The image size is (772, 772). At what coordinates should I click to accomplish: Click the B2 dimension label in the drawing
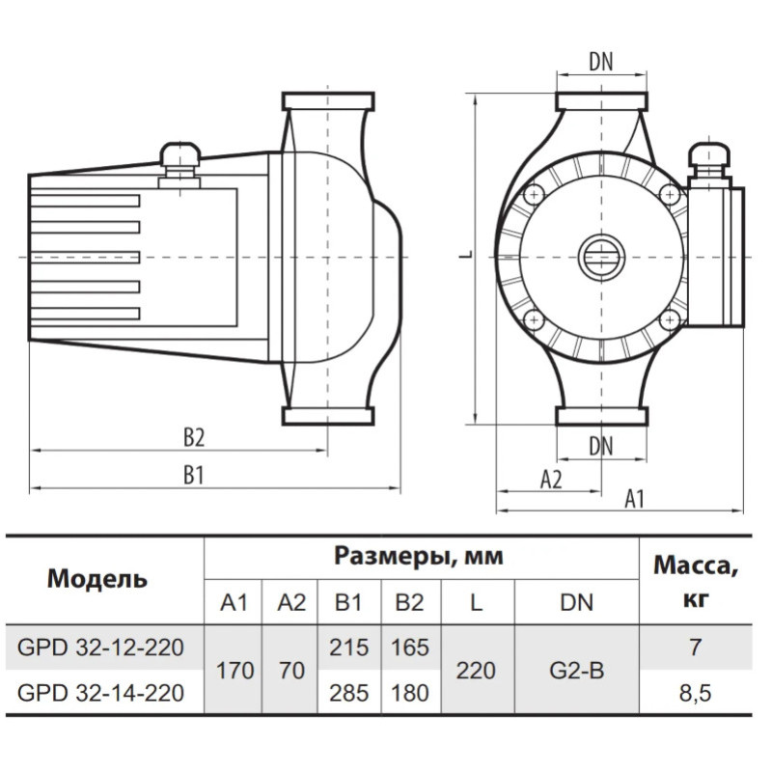(194, 437)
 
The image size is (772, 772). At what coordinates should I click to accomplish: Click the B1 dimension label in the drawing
(194, 475)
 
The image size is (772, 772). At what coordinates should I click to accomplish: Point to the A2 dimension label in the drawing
(550, 480)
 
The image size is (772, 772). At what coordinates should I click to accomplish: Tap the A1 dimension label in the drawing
(634, 499)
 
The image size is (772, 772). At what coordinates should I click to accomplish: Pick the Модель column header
(97, 579)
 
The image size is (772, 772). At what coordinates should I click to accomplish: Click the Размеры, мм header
(420, 556)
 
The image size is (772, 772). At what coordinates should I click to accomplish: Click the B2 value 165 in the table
(410, 647)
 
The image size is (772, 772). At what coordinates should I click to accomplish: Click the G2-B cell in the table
(576, 669)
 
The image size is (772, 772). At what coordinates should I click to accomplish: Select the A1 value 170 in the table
(235, 669)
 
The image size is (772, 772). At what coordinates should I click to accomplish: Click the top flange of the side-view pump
(327, 101)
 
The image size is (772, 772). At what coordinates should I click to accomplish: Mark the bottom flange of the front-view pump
(602, 416)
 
